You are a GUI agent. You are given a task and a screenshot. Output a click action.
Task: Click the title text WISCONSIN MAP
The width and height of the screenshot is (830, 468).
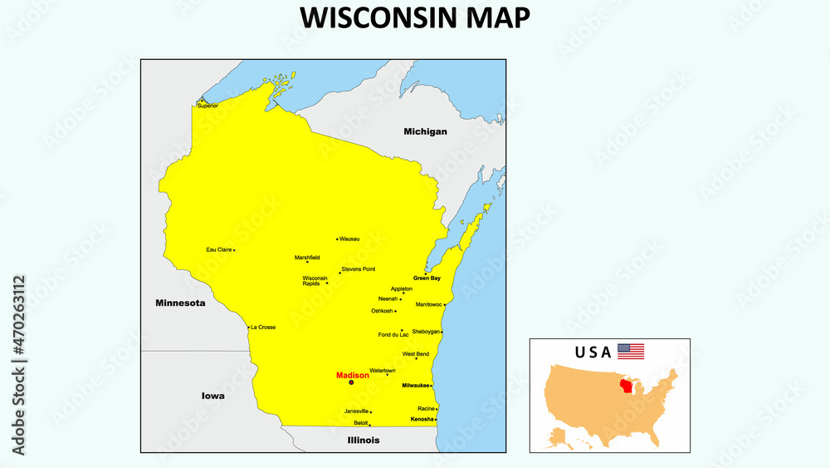414,17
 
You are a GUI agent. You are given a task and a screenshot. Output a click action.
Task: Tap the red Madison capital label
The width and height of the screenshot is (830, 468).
353,376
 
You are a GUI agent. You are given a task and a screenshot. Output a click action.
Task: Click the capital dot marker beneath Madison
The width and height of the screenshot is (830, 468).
351,383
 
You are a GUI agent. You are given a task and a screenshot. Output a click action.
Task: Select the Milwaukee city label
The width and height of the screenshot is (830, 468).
415,386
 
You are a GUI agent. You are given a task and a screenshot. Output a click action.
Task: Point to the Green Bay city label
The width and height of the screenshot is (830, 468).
427,278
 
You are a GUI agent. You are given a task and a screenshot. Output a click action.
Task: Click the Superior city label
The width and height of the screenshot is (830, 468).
207,106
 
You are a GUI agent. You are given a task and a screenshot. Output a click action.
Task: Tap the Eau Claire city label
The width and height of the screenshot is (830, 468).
218,249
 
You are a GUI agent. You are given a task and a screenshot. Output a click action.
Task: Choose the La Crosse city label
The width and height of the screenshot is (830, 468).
263,328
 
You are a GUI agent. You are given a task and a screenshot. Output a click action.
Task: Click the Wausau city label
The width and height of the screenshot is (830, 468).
349,239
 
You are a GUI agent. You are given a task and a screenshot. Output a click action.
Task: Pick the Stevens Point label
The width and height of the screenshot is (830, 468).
359,269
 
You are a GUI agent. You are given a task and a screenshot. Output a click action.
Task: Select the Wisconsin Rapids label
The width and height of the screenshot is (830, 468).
315,281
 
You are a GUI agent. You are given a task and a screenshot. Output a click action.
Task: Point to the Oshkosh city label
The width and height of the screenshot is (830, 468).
382,311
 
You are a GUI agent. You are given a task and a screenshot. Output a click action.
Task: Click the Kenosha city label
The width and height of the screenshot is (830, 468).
422,419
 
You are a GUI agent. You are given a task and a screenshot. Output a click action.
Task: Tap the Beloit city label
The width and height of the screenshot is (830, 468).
360,423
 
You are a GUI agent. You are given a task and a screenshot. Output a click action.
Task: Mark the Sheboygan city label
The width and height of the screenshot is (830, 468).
425,332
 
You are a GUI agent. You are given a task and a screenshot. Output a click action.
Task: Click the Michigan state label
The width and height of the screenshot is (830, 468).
425,131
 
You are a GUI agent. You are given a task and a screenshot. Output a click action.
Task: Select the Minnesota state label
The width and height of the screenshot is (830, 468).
180,303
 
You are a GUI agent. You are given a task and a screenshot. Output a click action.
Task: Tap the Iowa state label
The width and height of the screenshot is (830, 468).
213,396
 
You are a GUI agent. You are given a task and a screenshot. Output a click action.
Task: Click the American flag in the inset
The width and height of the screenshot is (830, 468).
631,352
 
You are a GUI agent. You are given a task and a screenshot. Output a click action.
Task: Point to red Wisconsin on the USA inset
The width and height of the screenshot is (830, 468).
630,388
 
